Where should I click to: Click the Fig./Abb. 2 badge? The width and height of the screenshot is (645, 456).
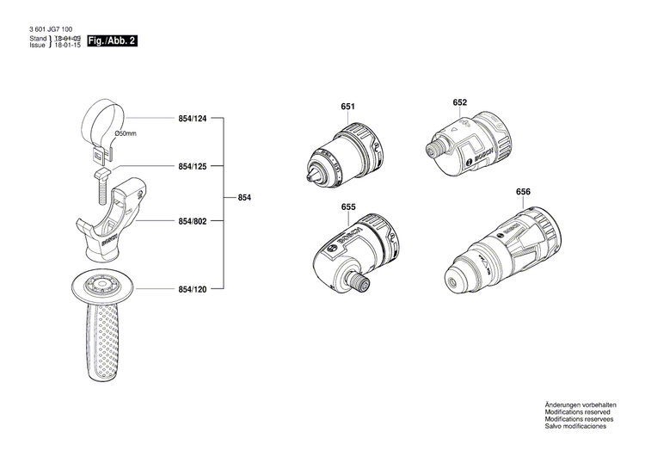coord(113,40)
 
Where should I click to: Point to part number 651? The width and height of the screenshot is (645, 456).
coord(347,107)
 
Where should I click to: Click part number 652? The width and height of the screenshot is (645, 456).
coord(460,102)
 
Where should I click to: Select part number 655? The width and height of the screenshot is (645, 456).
coord(348,207)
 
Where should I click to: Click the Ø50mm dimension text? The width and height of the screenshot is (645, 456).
coord(126,134)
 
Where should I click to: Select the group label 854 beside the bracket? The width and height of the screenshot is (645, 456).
coord(245,199)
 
